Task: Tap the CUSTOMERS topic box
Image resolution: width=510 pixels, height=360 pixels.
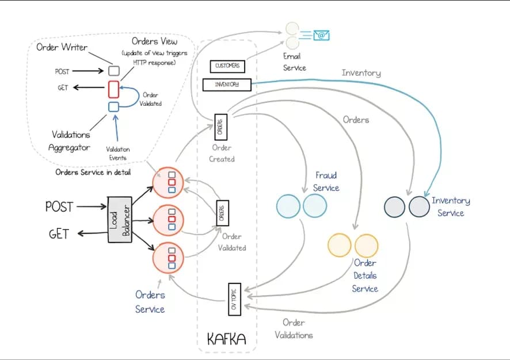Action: [227, 66]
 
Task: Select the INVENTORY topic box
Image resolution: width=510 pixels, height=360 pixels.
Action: [227, 85]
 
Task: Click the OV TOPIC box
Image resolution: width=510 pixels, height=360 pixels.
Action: [234, 300]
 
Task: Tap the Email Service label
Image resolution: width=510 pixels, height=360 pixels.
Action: [294, 62]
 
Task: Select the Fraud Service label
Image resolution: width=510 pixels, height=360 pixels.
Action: [326, 181]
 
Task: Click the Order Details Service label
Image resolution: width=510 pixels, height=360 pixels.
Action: [365, 275]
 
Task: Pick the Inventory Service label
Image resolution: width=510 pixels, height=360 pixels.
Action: [451, 206]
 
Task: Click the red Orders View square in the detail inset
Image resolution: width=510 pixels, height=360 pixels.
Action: [114, 89]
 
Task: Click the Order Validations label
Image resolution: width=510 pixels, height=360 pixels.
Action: [294, 329]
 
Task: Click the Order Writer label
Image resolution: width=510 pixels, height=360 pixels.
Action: [62, 47]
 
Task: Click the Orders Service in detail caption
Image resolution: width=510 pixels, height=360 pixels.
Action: [93, 172]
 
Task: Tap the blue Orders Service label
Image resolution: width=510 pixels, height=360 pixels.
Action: [150, 302]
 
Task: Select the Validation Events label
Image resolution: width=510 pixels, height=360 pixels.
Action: [118, 152]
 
